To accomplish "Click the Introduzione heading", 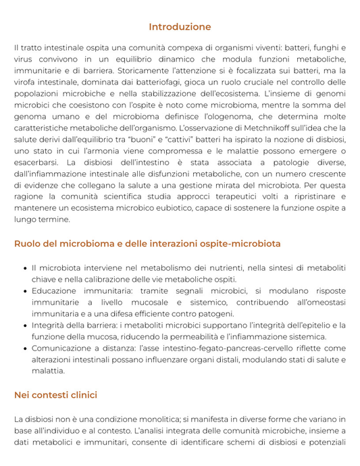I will coord(180,27).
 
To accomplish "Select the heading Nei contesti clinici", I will coord(55,394).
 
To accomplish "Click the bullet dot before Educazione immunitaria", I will coord(24,291).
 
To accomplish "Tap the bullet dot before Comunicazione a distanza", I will coord(24,348).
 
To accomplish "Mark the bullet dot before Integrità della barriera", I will coord(24,326).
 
